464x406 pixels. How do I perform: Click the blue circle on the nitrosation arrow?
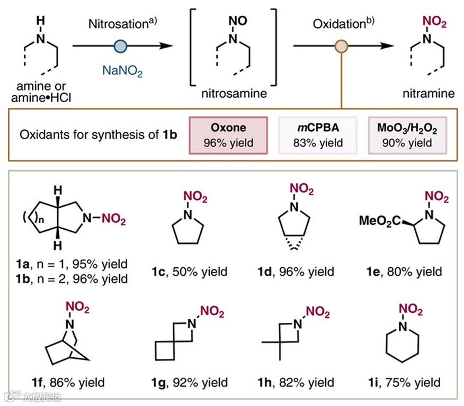[x=121, y=46]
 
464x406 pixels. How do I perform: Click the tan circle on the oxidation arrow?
[x=342, y=46]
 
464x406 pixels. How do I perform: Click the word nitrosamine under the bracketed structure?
[x=233, y=94]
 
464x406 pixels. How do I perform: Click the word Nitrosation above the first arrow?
[x=117, y=24]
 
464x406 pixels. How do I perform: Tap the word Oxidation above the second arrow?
[x=338, y=24]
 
